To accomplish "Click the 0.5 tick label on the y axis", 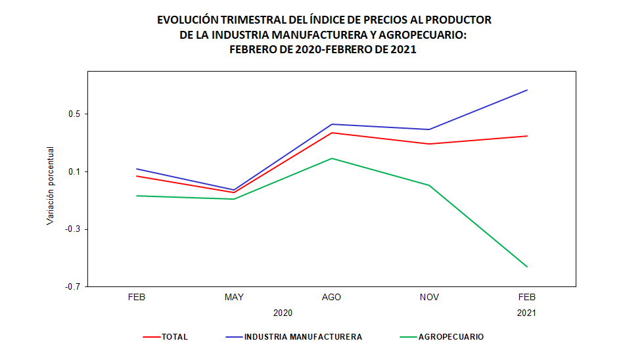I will pos(72,114).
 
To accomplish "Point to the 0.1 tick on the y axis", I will pos(72,172).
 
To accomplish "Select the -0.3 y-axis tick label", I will pos(71,229).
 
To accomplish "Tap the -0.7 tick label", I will pos(71,287).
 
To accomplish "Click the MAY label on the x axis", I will pos(234,298).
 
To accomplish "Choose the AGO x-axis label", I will pos(331,298).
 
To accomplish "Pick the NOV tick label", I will pos(429,298).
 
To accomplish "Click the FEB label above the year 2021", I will pos(526,298).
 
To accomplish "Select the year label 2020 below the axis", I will pos(283,313).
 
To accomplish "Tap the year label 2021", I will pos(526,313).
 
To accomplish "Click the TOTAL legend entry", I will pos(174,337).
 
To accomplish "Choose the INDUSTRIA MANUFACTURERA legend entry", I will pos(302,337).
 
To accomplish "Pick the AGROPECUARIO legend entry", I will pos(450,337).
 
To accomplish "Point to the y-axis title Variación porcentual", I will pos(51,186).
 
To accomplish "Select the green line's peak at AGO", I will pos(332,158).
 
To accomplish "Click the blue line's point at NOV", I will pos(429,129).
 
